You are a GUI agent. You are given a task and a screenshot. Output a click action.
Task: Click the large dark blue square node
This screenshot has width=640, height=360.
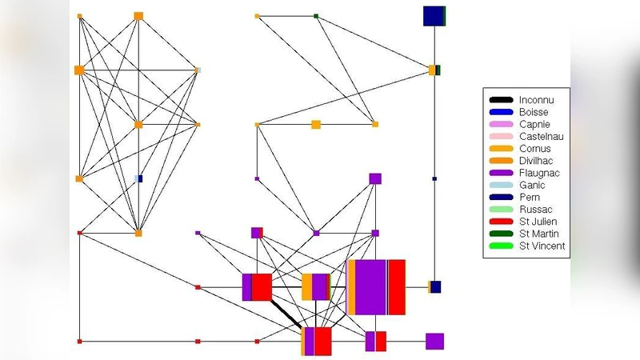click(x=434, y=16)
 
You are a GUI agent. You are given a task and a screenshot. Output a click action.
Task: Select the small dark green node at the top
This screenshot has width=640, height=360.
click(x=317, y=16)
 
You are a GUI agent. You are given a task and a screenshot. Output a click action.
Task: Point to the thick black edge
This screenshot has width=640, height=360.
click(x=286, y=313)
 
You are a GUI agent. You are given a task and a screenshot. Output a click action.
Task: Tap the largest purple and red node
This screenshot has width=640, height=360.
click(x=377, y=287)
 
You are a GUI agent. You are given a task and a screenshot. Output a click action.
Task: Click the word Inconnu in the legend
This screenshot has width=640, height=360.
click(x=537, y=100)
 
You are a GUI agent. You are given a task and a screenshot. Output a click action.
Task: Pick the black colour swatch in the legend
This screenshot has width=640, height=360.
click(x=502, y=100)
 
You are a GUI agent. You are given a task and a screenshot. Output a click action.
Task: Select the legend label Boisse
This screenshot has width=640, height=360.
click(x=534, y=112)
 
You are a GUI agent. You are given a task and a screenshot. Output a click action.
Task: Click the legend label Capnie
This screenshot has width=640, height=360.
click(x=534, y=124)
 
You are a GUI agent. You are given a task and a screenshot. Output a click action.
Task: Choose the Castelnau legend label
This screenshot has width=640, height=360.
click(x=541, y=137)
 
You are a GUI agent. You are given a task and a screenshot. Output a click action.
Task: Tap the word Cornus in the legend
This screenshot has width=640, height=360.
click(x=534, y=149)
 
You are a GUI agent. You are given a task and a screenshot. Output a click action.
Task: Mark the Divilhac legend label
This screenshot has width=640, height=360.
click(x=537, y=161)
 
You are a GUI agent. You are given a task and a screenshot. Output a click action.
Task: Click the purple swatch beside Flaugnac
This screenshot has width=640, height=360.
click(x=502, y=173)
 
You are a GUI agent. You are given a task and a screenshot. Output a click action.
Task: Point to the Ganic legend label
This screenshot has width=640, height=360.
click(x=532, y=185)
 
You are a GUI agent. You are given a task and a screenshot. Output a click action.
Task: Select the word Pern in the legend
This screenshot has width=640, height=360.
click(x=530, y=197)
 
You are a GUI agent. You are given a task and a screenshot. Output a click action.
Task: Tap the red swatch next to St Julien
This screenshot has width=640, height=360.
click(x=502, y=222)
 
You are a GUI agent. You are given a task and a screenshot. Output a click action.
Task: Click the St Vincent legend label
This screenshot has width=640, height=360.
click(x=542, y=246)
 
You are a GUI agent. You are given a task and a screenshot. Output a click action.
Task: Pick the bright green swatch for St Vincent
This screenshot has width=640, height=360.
click(x=502, y=246)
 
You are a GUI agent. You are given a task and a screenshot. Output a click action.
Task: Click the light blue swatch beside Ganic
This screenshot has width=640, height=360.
click(x=502, y=185)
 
